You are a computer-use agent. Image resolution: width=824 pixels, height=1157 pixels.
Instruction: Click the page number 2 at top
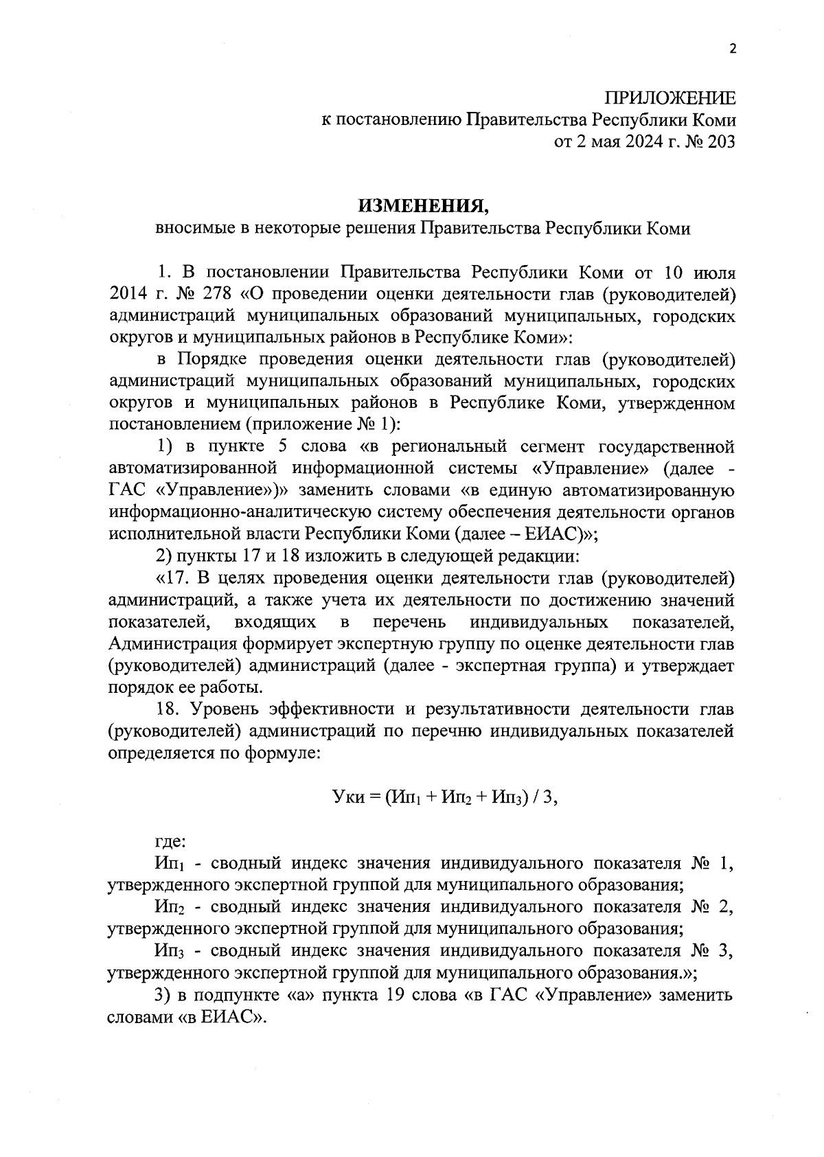pyautogui.click(x=732, y=49)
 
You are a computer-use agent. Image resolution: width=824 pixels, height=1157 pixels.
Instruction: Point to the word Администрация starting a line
pyautogui.click(x=170, y=644)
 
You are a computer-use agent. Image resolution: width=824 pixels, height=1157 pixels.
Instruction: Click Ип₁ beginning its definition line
pyautogui.click(x=168, y=863)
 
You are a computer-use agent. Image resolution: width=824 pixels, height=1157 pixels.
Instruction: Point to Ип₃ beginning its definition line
pyautogui.click(x=168, y=951)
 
